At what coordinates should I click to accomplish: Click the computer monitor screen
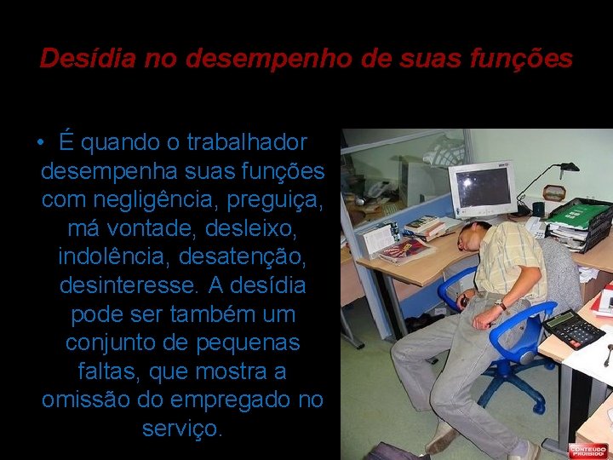click(x=482, y=188)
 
